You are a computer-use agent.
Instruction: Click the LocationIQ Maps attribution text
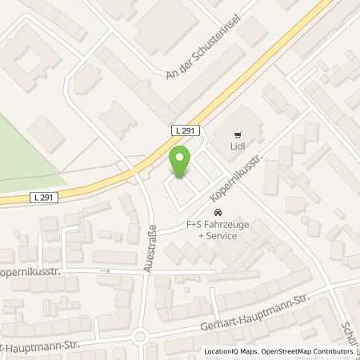point(231,352)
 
